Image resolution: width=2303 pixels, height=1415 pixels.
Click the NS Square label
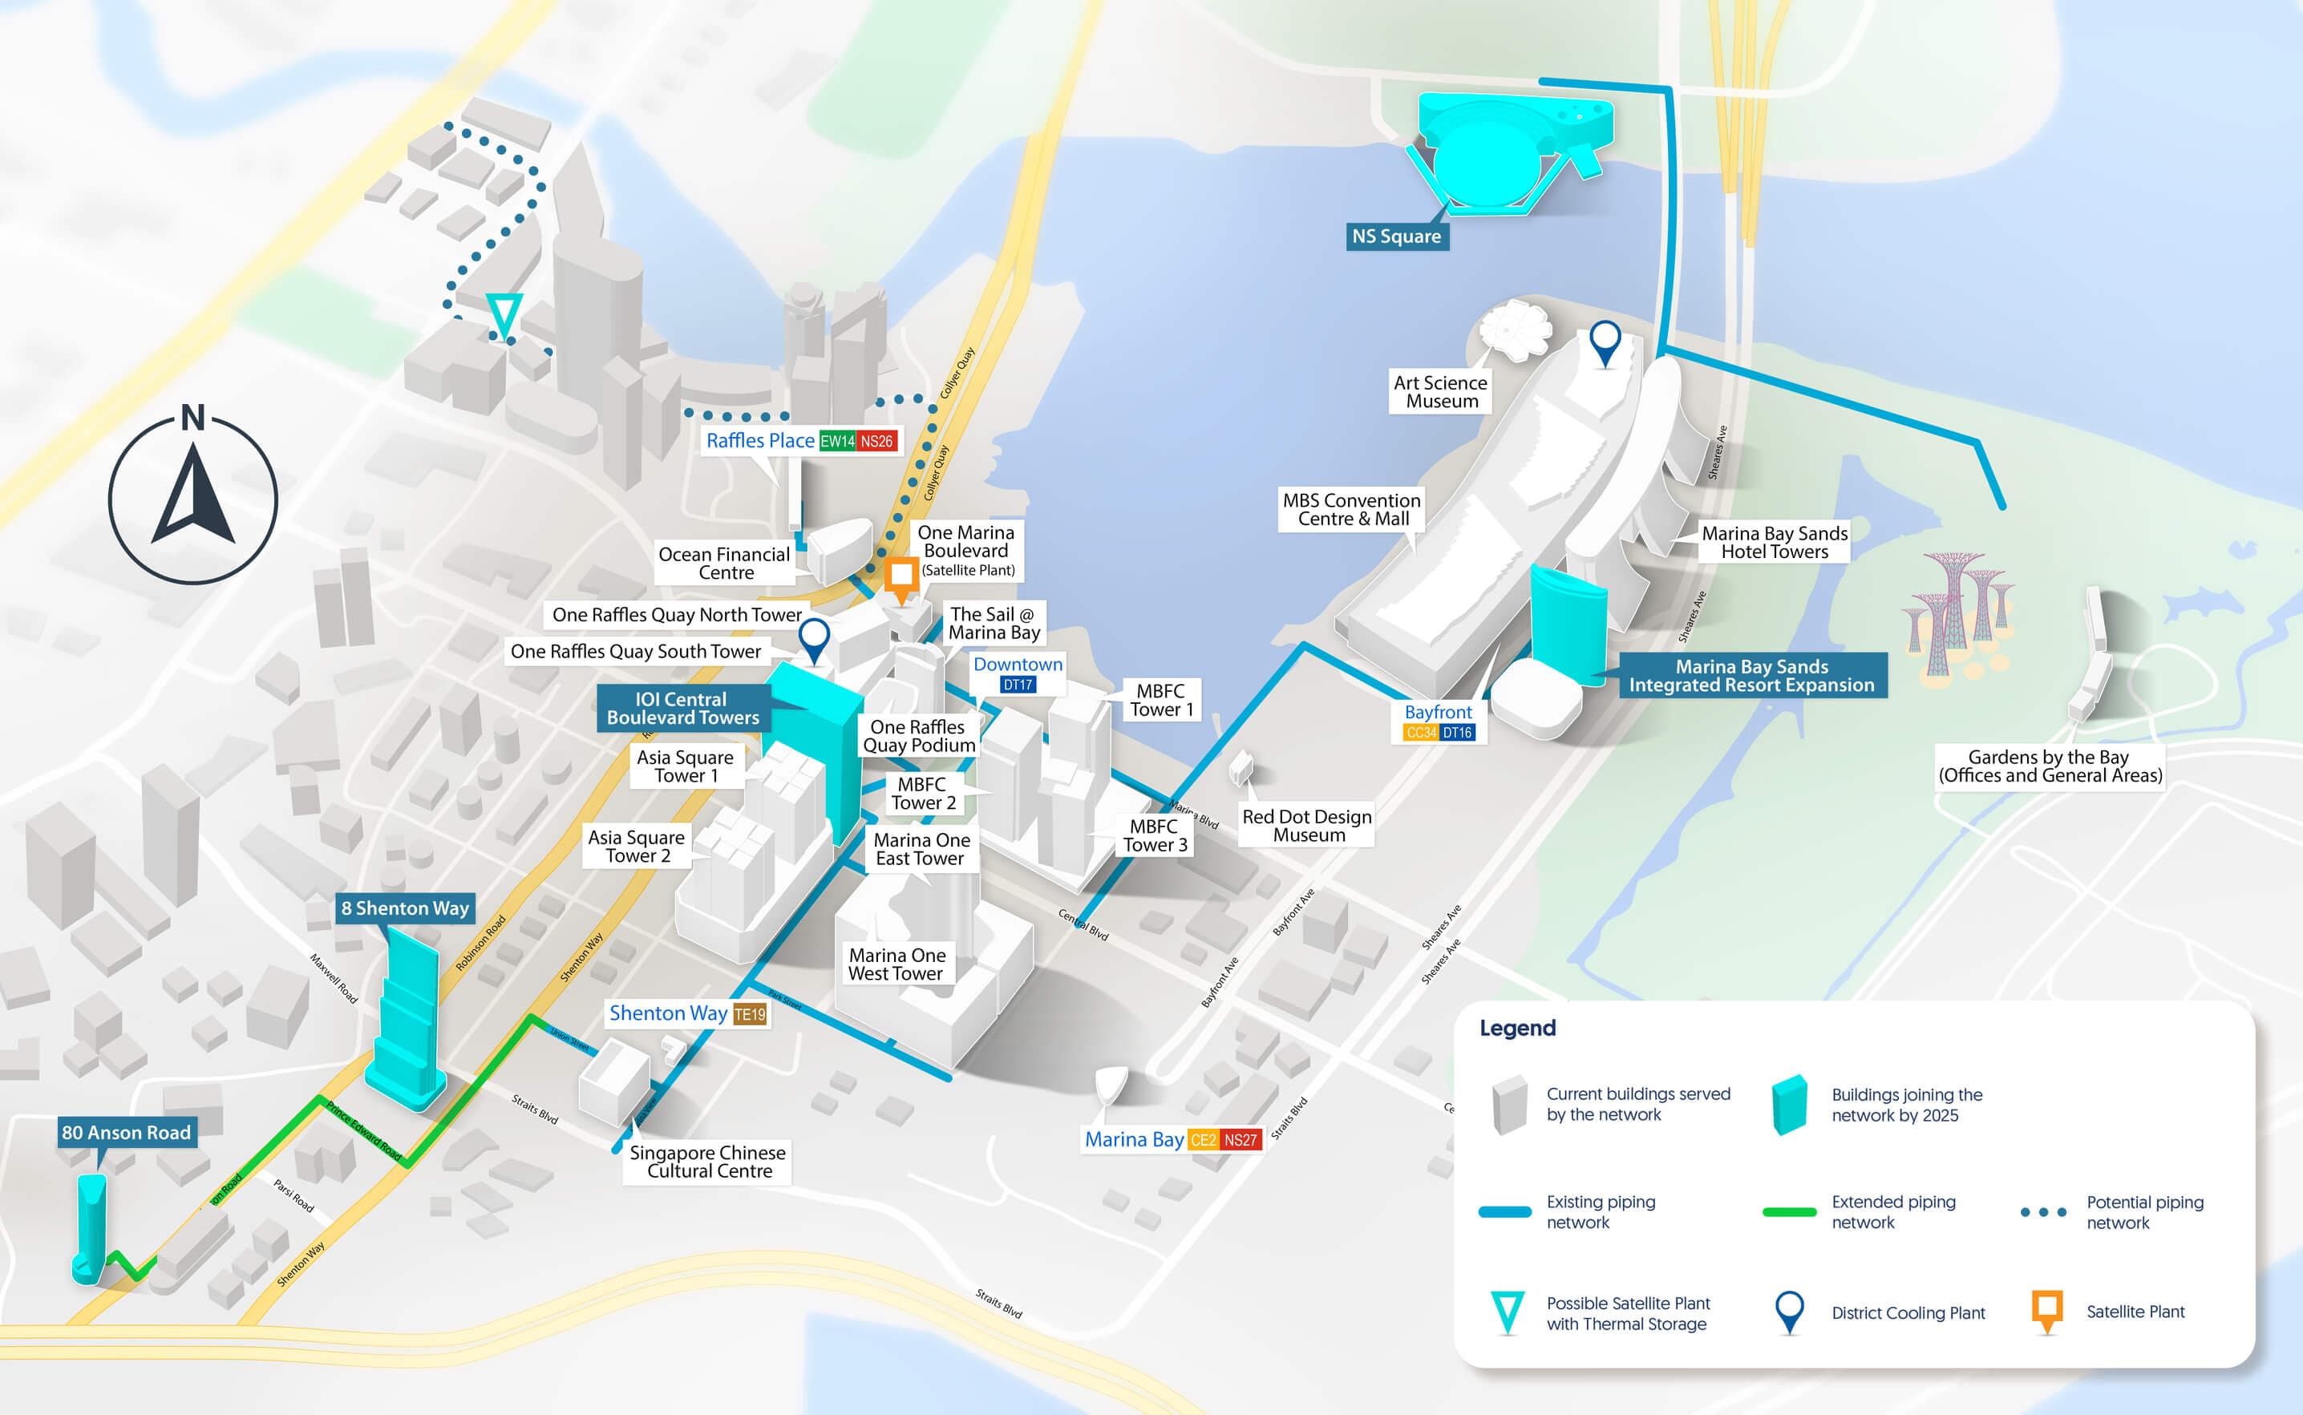click(1396, 237)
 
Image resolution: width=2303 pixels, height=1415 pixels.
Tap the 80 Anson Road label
click(127, 1132)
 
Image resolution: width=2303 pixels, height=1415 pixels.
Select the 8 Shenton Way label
click(404, 908)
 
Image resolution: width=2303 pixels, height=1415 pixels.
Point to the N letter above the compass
click(192, 418)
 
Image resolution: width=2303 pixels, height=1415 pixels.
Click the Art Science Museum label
click(1440, 392)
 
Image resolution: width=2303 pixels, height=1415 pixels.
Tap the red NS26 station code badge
click(876, 442)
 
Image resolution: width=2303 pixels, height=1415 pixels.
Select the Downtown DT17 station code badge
click(1018, 685)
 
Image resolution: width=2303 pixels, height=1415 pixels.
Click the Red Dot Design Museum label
click(1306, 826)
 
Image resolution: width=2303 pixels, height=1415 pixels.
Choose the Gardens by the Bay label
click(2050, 766)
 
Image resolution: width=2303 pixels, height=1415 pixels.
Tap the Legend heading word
click(1517, 1028)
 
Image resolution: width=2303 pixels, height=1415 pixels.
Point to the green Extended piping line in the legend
click(1788, 1212)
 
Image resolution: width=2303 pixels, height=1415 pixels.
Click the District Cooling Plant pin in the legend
click(1789, 1310)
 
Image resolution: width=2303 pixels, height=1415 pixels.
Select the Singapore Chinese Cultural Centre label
click(707, 1162)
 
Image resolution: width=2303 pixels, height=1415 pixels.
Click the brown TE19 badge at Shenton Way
click(750, 1014)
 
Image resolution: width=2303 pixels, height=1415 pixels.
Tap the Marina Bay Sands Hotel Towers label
click(1775, 543)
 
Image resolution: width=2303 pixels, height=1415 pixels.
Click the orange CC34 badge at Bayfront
click(1421, 733)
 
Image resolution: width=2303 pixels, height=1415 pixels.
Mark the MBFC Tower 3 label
click(1155, 835)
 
